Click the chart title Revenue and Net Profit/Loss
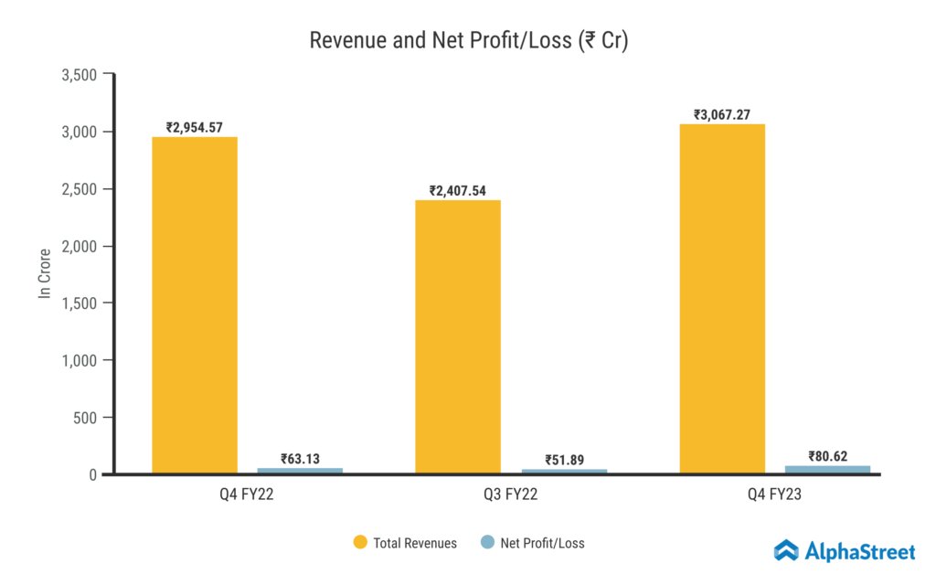(468, 41)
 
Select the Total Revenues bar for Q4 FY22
(195, 305)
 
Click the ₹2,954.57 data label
(195, 128)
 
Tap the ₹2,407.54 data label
(458, 191)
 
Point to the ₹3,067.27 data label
(722, 115)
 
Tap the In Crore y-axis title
(43, 273)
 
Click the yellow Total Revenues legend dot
(360, 543)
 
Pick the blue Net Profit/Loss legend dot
(487, 543)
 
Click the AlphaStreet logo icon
(786, 550)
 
